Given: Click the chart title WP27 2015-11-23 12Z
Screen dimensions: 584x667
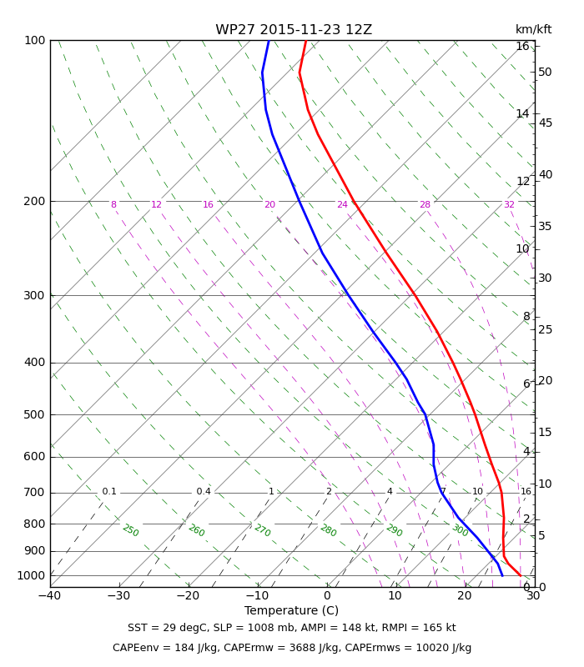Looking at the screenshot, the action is click(x=294, y=30).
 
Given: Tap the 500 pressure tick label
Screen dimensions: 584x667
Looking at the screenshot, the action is click(x=34, y=414).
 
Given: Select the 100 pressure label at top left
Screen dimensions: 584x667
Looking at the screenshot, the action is click(x=35, y=40).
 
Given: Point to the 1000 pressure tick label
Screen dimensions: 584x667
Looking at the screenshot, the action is click(x=31, y=575).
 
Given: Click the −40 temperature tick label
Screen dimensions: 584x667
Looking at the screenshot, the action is click(x=50, y=596).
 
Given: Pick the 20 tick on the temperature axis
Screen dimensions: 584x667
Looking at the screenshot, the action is click(x=465, y=596).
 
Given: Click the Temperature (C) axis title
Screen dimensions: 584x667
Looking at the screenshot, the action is click(x=291, y=611).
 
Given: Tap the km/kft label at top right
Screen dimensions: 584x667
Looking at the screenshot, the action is click(x=533, y=29).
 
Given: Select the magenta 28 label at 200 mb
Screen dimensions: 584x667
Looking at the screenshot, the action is click(x=425, y=204).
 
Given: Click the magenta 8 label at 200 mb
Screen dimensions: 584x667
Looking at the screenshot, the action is click(x=113, y=204).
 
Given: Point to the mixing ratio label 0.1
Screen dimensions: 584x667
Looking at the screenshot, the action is click(x=109, y=491).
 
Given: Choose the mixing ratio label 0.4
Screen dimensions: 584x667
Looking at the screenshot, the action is click(x=204, y=491).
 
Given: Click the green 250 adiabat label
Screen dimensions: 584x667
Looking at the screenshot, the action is click(x=131, y=530).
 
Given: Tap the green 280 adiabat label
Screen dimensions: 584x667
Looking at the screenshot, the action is click(x=329, y=530).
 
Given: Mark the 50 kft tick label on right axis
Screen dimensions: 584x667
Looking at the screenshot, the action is click(x=545, y=72).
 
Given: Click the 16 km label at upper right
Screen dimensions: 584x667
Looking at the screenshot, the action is click(x=523, y=46).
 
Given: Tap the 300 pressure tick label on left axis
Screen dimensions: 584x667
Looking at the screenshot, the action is click(x=34, y=295).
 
